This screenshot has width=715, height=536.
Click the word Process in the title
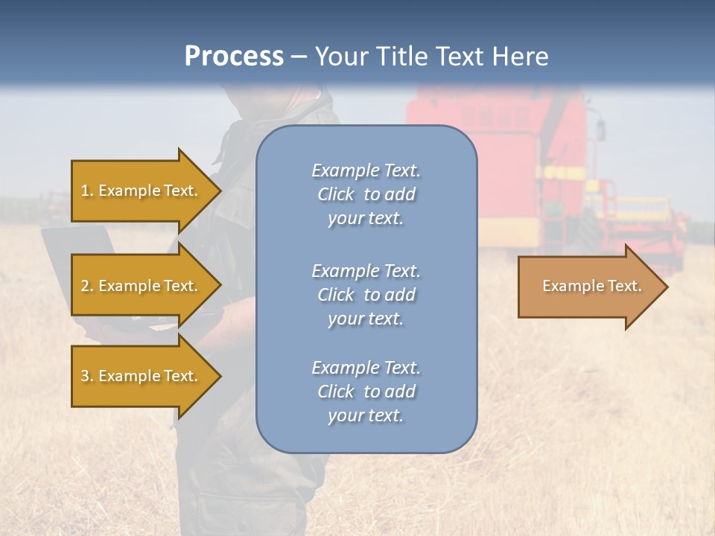pos(234,57)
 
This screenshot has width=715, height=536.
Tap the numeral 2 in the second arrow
pos(85,286)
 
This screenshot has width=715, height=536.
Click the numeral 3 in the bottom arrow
pos(85,376)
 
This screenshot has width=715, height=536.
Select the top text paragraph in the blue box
pos(366,194)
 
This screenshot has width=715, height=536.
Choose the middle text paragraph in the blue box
pos(366,295)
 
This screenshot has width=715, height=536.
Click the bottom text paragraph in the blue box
pos(366,392)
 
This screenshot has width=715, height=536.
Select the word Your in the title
pos(340,57)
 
